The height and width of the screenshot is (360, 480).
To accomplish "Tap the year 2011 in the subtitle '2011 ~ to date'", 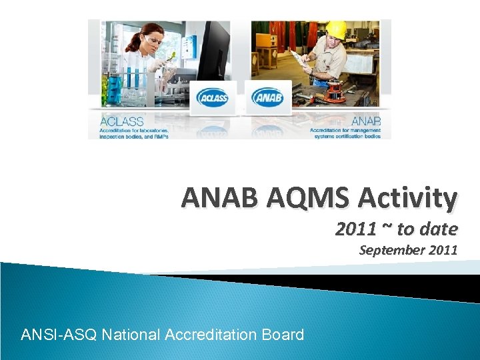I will [x=356, y=230].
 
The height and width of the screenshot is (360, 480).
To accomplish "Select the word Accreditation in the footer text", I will [x=213, y=334].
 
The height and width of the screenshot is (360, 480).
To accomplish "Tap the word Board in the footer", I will [x=285, y=334].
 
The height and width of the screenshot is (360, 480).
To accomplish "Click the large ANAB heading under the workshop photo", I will [x=366, y=121].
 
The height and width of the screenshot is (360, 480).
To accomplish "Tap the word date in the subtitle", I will [x=442, y=230].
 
